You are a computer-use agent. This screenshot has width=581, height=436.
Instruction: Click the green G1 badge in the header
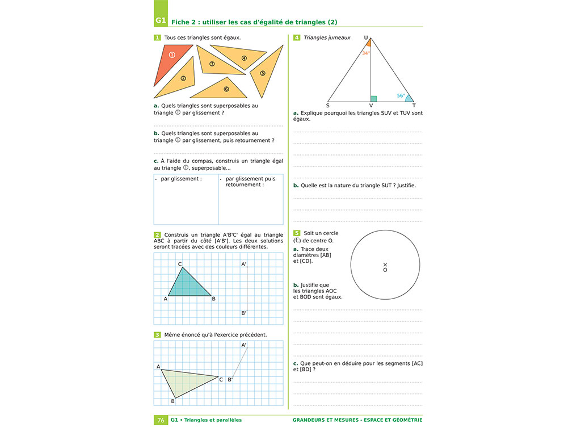click(161, 21)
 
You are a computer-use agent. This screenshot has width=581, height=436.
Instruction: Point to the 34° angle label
click(366, 53)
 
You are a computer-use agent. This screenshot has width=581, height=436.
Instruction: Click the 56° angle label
click(401, 96)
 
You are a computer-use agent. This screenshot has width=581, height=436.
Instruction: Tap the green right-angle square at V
click(373, 99)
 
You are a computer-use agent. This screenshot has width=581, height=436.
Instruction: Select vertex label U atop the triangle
click(366, 37)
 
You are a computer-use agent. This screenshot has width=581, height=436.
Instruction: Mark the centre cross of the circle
click(385, 265)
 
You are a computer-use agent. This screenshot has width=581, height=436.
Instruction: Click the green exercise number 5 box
click(297, 233)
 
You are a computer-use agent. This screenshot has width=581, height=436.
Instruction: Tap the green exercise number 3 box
click(157, 334)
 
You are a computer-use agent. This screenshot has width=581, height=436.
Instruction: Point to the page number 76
click(161, 420)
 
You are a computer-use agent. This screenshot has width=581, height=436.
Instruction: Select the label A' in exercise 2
click(244, 264)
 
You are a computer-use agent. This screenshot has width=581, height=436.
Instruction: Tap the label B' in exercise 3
click(230, 379)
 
